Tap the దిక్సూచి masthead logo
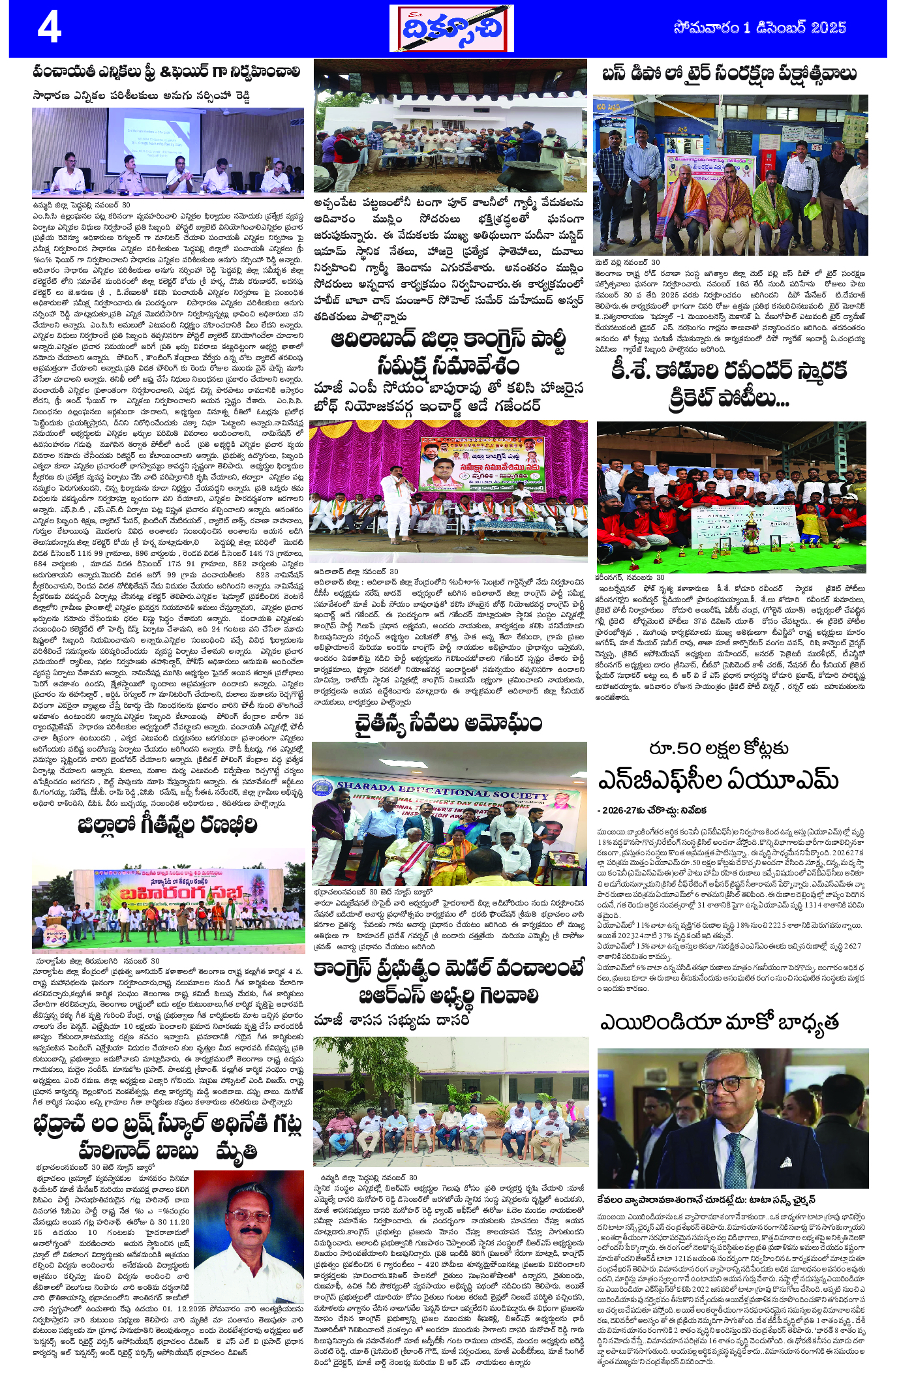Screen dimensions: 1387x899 tap(451, 29)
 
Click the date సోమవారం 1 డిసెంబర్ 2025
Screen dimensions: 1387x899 tap(759, 28)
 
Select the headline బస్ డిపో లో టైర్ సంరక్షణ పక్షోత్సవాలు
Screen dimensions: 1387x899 tap(729, 74)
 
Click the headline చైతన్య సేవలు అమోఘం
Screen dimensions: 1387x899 tap(448, 724)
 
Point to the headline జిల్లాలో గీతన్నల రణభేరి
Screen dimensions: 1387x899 tap(167, 825)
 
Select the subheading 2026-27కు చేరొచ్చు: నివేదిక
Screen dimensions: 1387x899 tap(651, 810)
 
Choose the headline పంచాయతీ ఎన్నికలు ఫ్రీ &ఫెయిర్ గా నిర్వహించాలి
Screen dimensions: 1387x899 tap(167, 72)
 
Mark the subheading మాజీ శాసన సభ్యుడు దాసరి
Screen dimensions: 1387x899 tap(391, 1019)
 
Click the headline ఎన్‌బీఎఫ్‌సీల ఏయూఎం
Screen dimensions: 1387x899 tap(718, 780)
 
